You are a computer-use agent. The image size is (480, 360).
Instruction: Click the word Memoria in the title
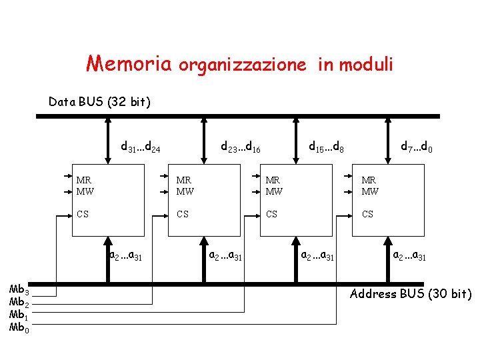click(129, 63)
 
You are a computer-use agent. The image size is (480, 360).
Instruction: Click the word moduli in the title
click(366, 65)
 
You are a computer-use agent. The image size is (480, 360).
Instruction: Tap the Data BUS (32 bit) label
click(99, 102)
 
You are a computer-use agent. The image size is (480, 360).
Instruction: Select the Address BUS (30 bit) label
click(411, 294)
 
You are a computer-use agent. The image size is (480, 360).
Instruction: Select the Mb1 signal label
click(17, 315)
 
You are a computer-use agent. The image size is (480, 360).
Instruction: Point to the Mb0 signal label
click(17, 327)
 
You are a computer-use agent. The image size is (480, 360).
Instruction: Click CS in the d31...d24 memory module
click(83, 215)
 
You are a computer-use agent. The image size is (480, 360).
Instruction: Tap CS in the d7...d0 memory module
click(367, 215)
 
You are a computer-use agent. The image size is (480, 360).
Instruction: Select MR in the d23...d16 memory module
click(184, 180)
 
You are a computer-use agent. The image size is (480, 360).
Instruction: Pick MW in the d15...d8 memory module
click(274, 191)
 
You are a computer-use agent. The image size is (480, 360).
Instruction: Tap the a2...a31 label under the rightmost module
click(411, 255)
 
